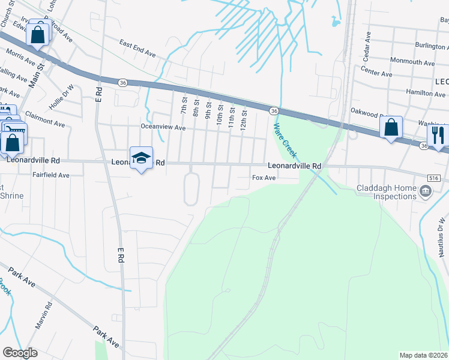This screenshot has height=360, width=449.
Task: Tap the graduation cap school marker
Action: pos(141,158)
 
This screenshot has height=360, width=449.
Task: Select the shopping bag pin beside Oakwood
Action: pos(391,128)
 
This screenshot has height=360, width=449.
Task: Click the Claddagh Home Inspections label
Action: pos(387,192)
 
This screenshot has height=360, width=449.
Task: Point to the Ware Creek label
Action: pos(285,139)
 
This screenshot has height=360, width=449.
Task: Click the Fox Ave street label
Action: pos(264,178)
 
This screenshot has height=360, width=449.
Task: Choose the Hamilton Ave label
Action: pos(425,93)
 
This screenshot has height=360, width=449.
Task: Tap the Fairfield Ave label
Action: pos(51,175)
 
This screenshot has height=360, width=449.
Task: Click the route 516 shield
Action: pos(435,178)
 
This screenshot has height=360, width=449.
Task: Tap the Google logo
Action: pos(20,353)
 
